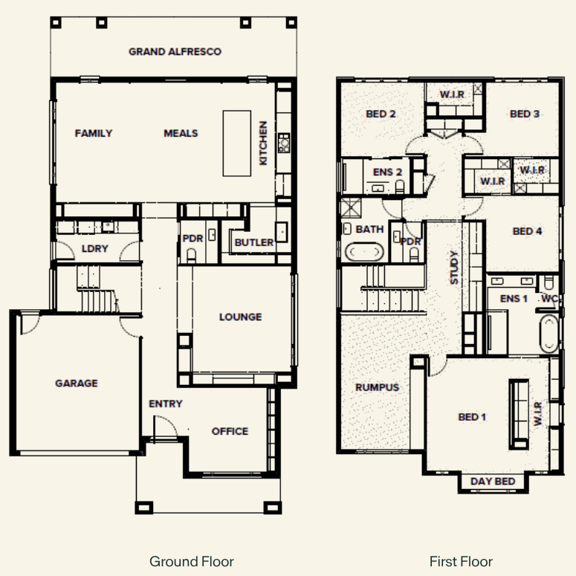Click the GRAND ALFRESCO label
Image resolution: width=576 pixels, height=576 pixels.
click(x=175, y=51)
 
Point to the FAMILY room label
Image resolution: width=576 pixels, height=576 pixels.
click(x=94, y=133)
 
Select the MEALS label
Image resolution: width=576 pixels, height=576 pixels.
click(x=181, y=133)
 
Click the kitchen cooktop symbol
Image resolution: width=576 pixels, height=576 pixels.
click(x=284, y=143)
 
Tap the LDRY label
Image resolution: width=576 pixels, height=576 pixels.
click(x=95, y=249)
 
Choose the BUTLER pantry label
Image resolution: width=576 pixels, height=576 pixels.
click(x=254, y=242)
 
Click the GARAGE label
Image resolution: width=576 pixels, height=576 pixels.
click(x=77, y=384)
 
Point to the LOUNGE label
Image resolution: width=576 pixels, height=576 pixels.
click(x=241, y=317)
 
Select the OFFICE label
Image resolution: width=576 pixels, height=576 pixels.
click(x=230, y=431)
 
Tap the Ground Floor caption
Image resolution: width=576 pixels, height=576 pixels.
click(x=192, y=561)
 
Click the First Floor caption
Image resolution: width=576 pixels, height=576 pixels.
click(x=461, y=561)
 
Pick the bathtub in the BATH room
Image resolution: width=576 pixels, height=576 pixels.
click(x=364, y=252)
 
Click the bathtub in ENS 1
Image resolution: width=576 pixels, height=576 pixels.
click(x=549, y=334)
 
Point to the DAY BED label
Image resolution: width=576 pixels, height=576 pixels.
click(x=493, y=481)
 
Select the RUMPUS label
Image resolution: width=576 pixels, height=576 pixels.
click(x=378, y=387)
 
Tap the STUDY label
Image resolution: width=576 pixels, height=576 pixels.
click(x=454, y=268)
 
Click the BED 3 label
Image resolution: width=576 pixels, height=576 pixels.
click(x=525, y=114)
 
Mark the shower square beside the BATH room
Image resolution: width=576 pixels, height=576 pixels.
click(x=351, y=208)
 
